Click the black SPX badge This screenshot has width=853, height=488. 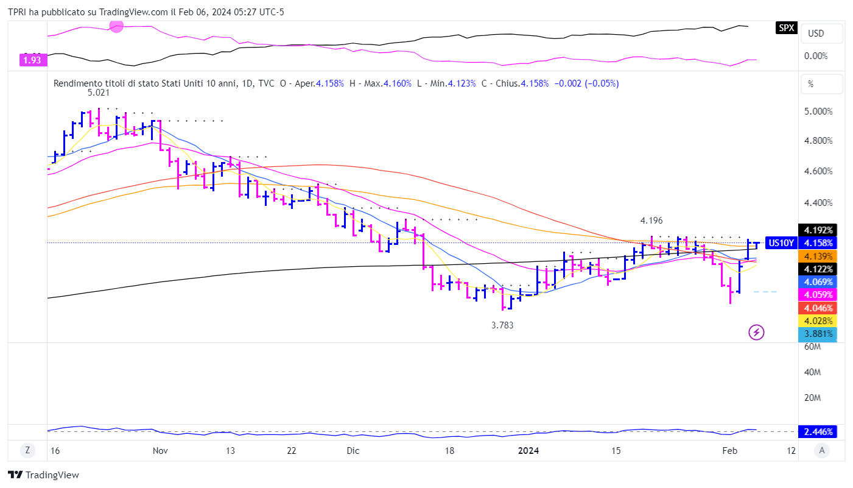(787, 27)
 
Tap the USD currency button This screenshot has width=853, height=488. (815, 33)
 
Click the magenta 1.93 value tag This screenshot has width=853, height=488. (32, 60)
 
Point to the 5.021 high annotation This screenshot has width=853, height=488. (98, 93)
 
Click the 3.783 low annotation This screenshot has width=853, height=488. (502, 325)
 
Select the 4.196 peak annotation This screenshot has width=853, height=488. (651, 220)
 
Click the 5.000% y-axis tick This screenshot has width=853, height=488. (818, 111)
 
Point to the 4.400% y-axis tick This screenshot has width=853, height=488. (818, 202)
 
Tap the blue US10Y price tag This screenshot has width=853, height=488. (781, 242)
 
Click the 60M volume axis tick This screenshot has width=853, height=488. (813, 347)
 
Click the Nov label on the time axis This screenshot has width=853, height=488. (160, 451)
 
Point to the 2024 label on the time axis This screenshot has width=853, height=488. (528, 451)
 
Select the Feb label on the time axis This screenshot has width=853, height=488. (729, 451)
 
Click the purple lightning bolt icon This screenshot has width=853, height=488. (756, 332)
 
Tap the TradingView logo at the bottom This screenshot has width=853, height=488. (44, 475)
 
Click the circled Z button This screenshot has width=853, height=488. (27, 451)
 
